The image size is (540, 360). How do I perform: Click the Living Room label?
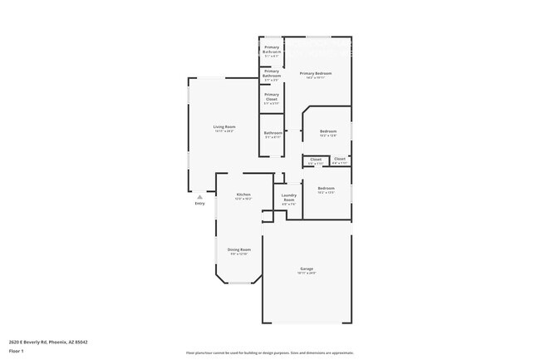[224, 126]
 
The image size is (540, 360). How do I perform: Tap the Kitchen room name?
[243, 195]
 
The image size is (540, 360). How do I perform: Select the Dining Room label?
[239, 249]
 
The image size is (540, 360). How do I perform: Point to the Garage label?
[307, 269]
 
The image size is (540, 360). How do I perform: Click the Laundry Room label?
[289, 198]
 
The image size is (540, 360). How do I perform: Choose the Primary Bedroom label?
[317, 74]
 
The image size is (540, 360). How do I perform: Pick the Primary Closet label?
[272, 96]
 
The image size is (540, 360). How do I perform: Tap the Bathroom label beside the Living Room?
[273, 133]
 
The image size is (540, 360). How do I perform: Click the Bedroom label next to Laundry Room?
[326, 188]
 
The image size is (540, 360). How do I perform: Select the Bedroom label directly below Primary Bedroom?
[329, 131]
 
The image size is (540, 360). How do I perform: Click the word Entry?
[199, 203]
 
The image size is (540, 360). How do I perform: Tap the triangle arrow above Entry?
[199, 196]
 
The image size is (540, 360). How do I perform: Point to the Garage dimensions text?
[307, 273]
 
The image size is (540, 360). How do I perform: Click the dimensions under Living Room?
[224, 131]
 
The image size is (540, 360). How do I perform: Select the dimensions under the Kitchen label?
[243, 200]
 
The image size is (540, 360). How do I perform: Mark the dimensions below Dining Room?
[239, 254]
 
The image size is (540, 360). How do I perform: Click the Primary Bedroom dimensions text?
[317, 78]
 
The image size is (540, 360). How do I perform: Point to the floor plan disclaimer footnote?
[269, 353]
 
